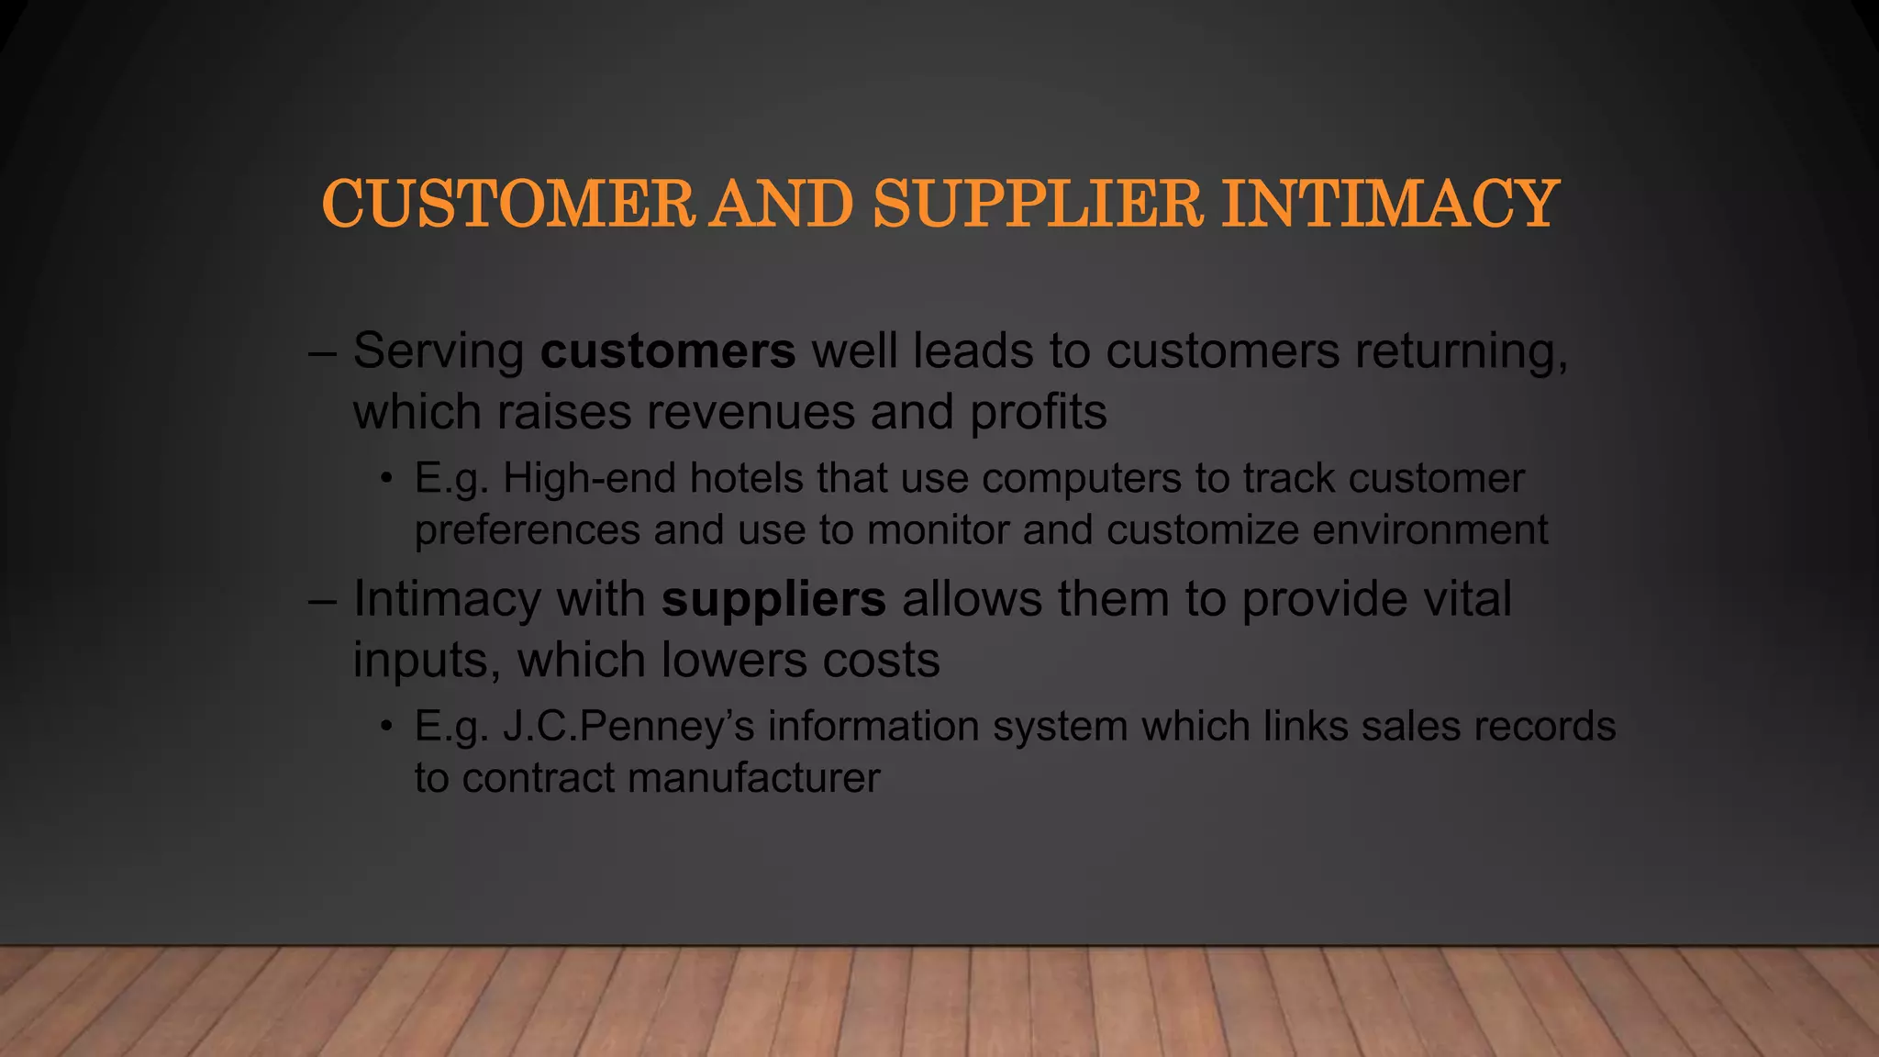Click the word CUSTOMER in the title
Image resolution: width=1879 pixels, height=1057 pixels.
tap(507, 204)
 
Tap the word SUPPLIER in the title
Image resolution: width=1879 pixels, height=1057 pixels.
tap(1037, 204)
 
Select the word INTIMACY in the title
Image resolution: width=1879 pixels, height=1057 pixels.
tap(1390, 204)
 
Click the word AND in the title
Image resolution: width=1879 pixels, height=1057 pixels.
tap(783, 204)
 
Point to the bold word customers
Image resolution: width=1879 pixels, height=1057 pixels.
tap(668, 351)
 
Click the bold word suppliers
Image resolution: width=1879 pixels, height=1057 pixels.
tap(773, 599)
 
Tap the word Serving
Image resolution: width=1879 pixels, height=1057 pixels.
tap(439, 351)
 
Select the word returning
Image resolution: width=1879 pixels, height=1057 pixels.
tap(1461, 351)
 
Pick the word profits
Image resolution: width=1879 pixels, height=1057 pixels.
tap(1039, 412)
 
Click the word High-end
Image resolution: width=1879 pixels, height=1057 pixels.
tap(589, 478)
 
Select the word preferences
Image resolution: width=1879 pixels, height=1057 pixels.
tap(528, 530)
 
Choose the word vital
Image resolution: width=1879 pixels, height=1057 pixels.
tap(1465, 599)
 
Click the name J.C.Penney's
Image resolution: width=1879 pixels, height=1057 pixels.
tap(628, 727)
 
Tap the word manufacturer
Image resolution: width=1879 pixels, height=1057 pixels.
tap(754, 778)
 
